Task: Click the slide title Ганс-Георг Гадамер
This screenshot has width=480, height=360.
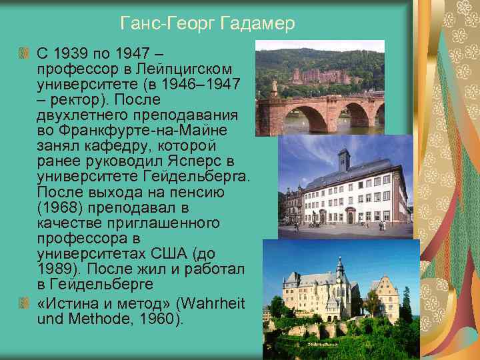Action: [207, 25]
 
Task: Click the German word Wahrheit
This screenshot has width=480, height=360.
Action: [214, 304]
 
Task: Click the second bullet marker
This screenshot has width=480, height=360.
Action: [25, 304]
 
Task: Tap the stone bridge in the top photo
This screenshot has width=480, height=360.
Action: [320, 113]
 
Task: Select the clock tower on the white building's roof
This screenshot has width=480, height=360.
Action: [343, 160]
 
